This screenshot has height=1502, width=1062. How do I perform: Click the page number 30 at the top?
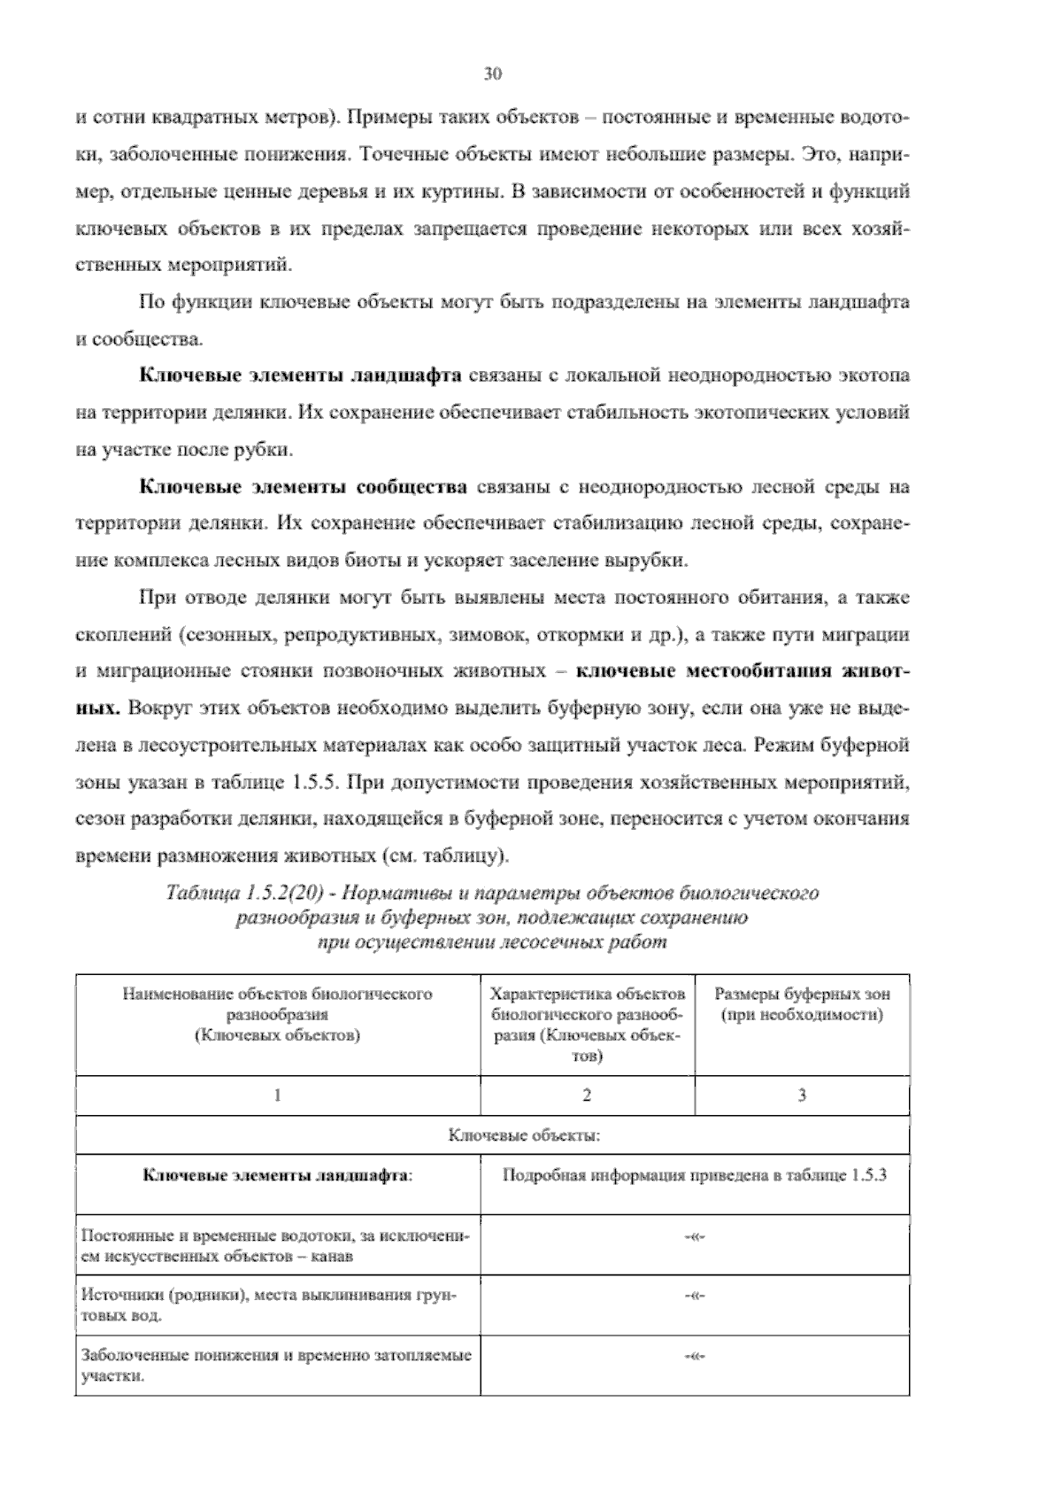pyautogui.click(x=493, y=74)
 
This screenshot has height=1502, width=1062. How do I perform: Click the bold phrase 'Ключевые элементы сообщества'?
pyautogui.click(x=304, y=487)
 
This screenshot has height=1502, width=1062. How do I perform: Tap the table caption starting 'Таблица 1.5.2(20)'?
pyautogui.click(x=492, y=917)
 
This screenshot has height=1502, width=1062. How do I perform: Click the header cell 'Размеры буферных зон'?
pyautogui.click(x=802, y=1004)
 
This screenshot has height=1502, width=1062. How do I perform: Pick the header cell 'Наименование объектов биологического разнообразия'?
pyautogui.click(x=277, y=1014)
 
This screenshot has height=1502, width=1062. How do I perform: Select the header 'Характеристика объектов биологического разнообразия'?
pyautogui.click(x=588, y=1024)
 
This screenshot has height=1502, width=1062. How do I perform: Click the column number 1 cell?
pyautogui.click(x=277, y=1096)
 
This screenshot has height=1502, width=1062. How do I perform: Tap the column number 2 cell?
pyautogui.click(x=587, y=1096)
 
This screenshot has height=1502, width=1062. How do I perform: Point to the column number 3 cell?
pyautogui.click(x=802, y=1096)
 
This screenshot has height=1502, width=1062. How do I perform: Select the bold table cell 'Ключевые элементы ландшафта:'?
pyautogui.click(x=278, y=1176)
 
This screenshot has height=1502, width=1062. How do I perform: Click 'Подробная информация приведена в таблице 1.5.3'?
pyautogui.click(x=695, y=1176)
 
